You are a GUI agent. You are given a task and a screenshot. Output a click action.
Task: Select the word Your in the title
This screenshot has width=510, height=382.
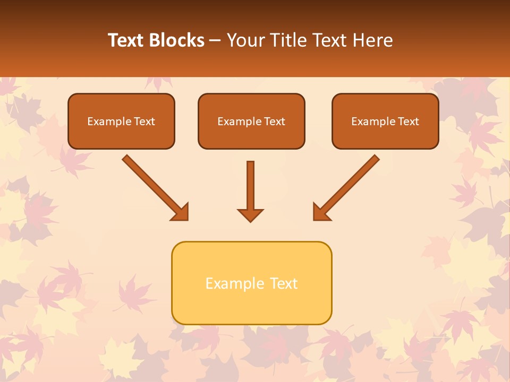tap(246, 40)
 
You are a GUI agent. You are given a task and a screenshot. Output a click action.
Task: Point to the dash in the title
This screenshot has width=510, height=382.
tap(215, 41)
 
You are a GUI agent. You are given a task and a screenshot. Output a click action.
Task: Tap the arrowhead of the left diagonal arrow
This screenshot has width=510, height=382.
tap(181, 212)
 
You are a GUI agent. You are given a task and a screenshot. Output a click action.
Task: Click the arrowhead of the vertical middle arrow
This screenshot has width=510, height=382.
tap(250, 214)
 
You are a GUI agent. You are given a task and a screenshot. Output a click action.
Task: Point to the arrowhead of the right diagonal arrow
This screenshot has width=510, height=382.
tap(321, 212)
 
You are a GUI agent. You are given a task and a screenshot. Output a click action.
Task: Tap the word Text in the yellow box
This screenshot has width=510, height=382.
tap(284, 283)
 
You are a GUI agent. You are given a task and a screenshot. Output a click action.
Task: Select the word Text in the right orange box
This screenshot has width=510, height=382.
tap(409, 121)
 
